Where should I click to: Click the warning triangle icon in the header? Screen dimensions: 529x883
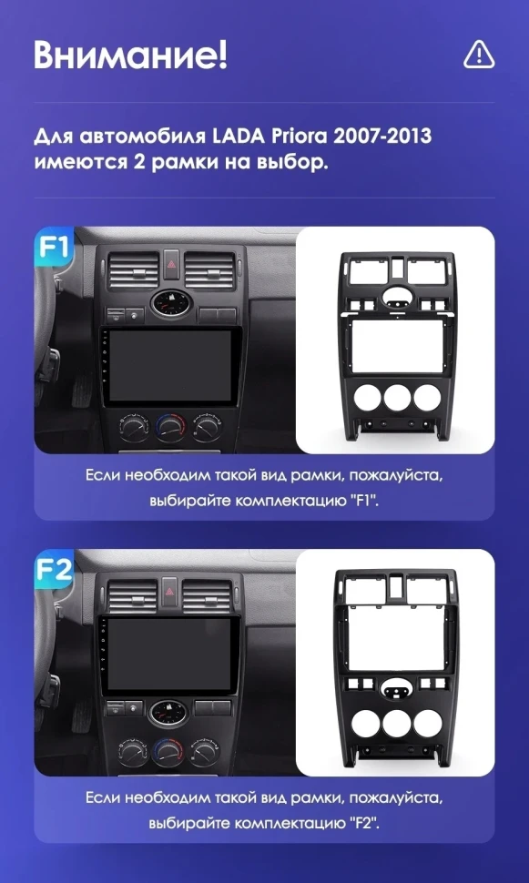click(x=479, y=56)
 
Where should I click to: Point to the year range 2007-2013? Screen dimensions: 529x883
click(x=381, y=137)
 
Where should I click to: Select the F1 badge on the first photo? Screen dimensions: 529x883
click(x=53, y=248)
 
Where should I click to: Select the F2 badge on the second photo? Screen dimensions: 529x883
click(x=53, y=570)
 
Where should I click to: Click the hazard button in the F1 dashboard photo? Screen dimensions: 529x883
click(x=171, y=264)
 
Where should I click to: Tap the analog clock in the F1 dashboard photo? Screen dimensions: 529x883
click(x=171, y=303)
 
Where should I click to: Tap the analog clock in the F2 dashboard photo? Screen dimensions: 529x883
click(x=168, y=713)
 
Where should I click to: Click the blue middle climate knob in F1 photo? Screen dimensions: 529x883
click(x=170, y=428)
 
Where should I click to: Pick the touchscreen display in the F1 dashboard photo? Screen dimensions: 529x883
click(x=170, y=366)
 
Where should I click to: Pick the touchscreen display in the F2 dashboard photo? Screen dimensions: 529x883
click(x=168, y=655)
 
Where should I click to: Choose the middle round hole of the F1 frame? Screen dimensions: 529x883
click(x=398, y=398)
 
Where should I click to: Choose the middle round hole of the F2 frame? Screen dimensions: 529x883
click(x=396, y=723)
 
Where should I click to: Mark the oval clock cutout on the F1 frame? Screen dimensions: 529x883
click(x=398, y=295)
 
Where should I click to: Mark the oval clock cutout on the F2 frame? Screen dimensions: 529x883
click(x=396, y=689)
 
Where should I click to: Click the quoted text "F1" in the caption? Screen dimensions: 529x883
click(x=366, y=500)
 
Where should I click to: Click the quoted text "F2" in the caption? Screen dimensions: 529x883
click(x=367, y=823)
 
